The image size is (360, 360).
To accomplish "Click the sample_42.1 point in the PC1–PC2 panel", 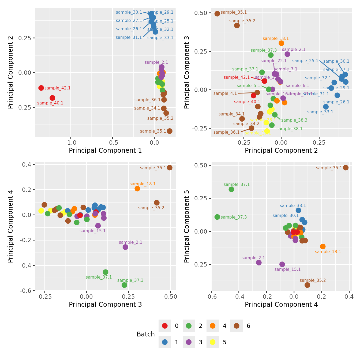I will pyautogui.click(x=41, y=88).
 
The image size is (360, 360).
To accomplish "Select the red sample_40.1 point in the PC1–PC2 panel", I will pyautogui.click(x=52, y=98).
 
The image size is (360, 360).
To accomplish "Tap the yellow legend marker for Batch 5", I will pyautogui.click(x=213, y=342).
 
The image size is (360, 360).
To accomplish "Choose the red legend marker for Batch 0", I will pyautogui.click(x=165, y=326).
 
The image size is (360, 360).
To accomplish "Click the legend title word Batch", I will pyautogui.click(x=145, y=334).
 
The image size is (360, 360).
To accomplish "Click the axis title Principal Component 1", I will pyautogui.click(x=105, y=151).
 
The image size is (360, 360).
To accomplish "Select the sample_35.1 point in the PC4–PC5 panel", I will pyautogui.click(x=346, y=168).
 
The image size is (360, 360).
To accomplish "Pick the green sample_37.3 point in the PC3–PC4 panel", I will pyautogui.click(x=124, y=285).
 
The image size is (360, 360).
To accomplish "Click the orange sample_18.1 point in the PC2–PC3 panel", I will pyautogui.click(x=281, y=43).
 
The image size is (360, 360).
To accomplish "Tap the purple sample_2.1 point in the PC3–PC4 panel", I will pyautogui.click(x=125, y=247).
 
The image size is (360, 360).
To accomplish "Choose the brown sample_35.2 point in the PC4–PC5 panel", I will pyautogui.click(x=307, y=285).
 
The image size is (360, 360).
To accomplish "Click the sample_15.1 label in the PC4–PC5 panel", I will pyautogui.click(x=287, y=269).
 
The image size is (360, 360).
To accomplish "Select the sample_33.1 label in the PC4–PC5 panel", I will pyautogui.click(x=293, y=206).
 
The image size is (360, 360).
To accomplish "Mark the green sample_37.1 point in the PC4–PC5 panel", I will pyautogui.click(x=231, y=189).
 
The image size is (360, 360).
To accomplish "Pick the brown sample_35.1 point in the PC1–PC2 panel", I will pyautogui.click(x=170, y=131).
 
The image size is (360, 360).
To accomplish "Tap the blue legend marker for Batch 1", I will pyautogui.click(x=165, y=342).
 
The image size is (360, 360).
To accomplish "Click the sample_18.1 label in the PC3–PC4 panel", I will pyautogui.click(x=142, y=184).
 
